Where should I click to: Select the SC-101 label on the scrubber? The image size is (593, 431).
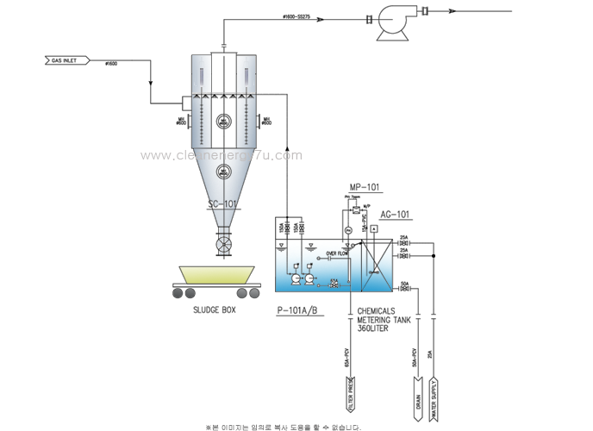tap(223, 204)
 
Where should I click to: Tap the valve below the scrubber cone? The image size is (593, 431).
tap(223, 244)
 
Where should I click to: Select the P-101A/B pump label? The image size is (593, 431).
tap(299, 309)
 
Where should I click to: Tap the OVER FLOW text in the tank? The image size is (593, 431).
tap(336, 254)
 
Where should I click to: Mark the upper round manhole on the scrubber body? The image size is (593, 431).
tap(223, 122)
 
